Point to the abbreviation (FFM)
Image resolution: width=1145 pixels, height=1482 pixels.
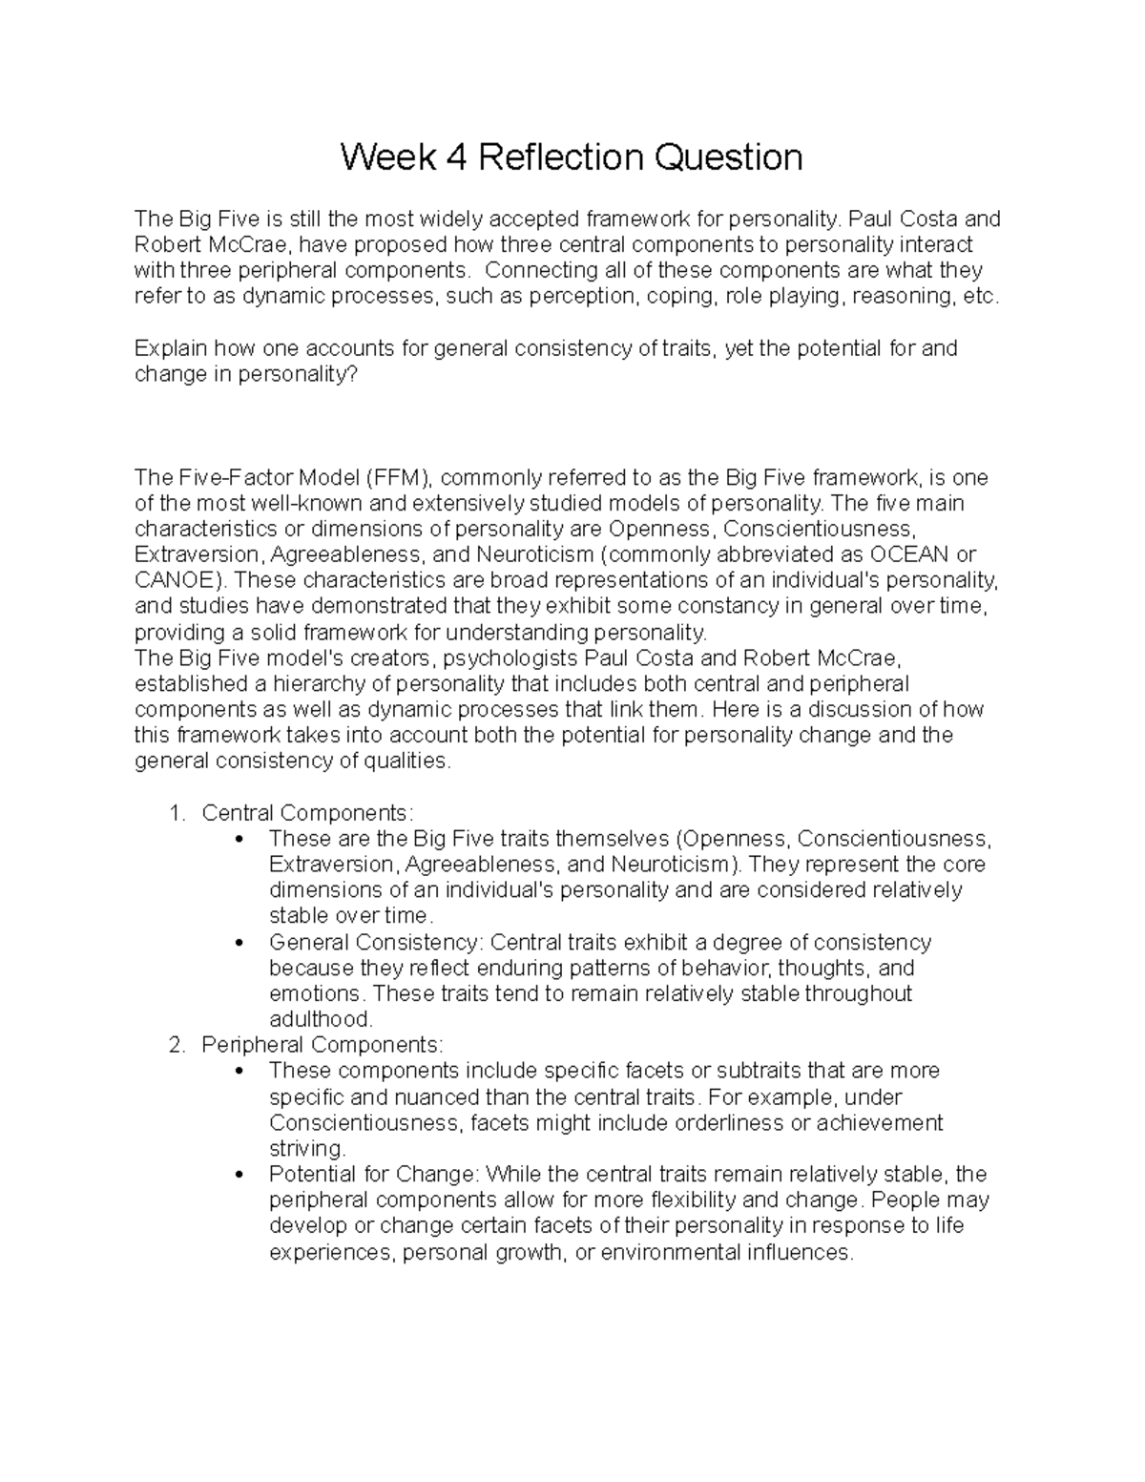point(396,477)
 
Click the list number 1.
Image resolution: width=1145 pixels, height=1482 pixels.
point(175,813)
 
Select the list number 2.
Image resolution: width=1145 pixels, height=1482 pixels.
point(175,1045)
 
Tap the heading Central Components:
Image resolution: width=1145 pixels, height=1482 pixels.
point(308,813)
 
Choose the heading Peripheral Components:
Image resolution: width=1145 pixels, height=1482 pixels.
point(323,1045)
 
